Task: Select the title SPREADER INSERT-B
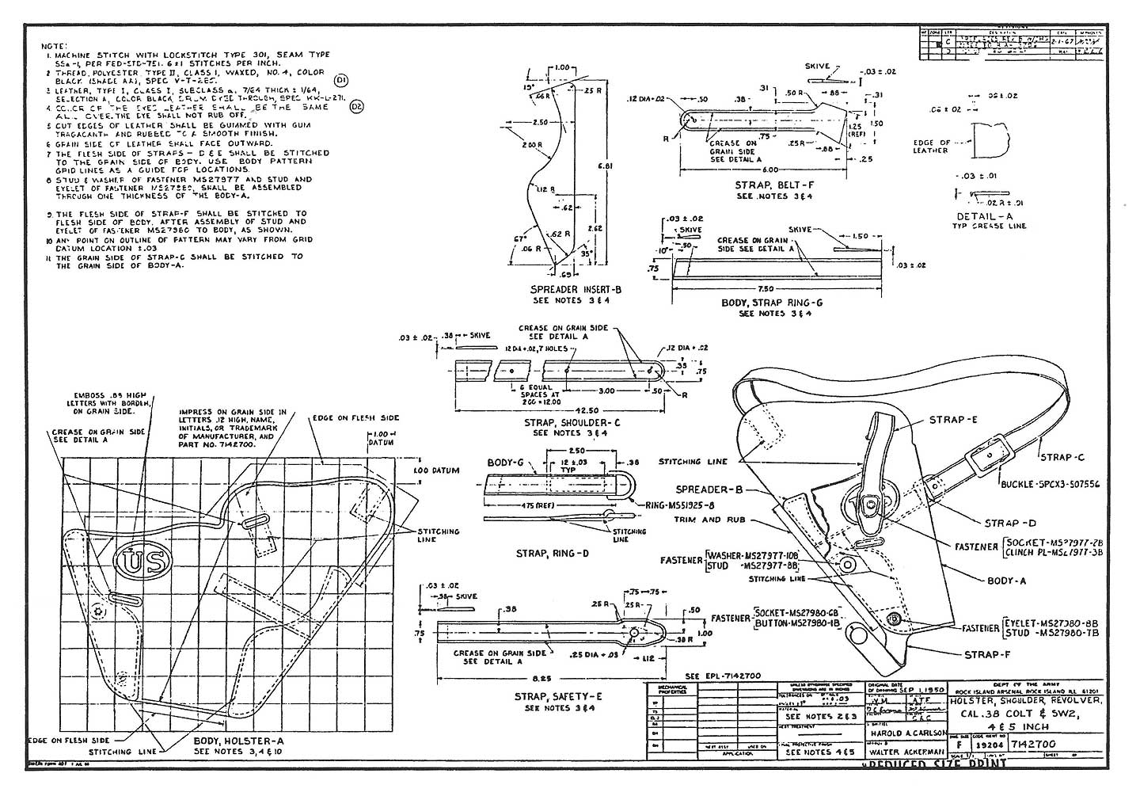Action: click(x=576, y=290)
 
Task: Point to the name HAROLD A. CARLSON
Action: click(x=906, y=733)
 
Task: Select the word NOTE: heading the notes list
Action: click(x=54, y=46)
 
